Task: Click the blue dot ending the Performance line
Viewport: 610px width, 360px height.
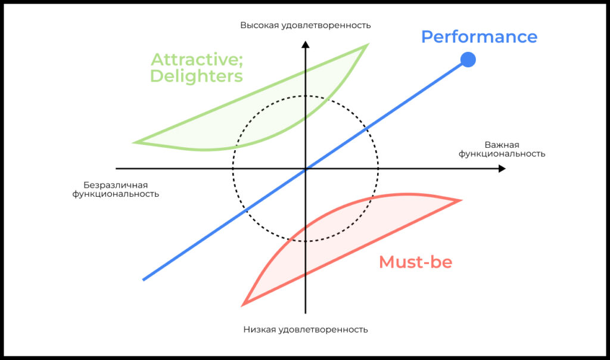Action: (x=468, y=60)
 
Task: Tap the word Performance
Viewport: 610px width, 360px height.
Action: (x=479, y=37)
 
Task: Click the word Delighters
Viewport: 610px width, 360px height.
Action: (x=196, y=76)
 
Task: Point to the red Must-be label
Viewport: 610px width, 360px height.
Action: (x=415, y=262)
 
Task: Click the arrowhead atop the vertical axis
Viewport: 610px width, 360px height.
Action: (x=305, y=44)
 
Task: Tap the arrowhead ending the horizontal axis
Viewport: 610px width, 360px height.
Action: (x=502, y=169)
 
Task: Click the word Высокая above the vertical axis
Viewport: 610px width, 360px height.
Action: (x=260, y=25)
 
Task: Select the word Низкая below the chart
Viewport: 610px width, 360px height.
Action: (x=261, y=329)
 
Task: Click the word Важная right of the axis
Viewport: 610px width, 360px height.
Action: (x=502, y=145)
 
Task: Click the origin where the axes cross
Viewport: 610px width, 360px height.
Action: (x=305, y=169)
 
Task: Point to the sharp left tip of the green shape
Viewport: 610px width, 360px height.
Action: (x=136, y=142)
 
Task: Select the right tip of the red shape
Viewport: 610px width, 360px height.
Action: (x=460, y=200)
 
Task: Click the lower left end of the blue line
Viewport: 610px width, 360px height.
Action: (x=144, y=279)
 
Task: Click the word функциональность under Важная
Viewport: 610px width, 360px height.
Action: (x=502, y=154)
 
